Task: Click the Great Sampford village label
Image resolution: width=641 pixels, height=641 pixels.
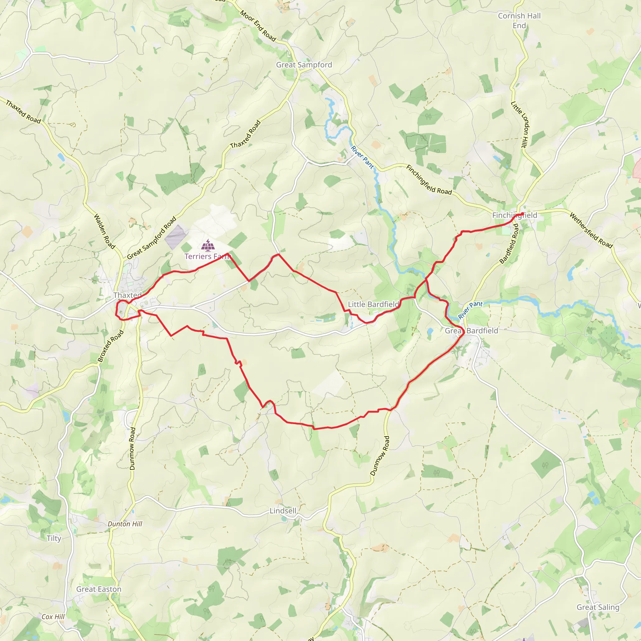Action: coord(304,65)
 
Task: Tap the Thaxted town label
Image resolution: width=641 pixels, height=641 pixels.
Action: coord(127,295)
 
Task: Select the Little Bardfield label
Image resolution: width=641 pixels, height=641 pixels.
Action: coord(373,304)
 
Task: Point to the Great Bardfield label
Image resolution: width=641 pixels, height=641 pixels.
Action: coord(471,331)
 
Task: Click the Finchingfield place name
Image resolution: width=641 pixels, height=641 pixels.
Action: coord(514,215)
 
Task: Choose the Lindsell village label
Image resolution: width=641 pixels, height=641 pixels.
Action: coord(283,510)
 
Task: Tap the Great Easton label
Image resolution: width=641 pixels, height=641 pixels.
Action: coord(99,589)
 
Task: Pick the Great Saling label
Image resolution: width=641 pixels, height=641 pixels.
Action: coord(598,607)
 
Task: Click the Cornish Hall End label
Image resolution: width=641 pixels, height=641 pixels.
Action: coord(519,21)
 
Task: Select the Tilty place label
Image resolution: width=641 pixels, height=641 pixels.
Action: coord(54,538)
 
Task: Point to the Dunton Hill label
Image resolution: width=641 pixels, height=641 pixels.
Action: coord(125,524)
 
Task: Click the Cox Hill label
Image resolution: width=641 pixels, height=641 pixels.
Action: coord(53,617)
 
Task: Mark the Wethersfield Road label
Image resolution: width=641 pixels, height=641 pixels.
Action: coord(591,230)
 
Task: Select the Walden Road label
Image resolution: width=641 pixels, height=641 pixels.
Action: coord(104,231)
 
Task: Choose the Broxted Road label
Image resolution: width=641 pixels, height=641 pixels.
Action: coord(110,346)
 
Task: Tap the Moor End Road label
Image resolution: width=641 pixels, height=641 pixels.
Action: coord(258,26)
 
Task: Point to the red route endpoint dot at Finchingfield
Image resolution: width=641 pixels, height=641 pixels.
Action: coord(522,214)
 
